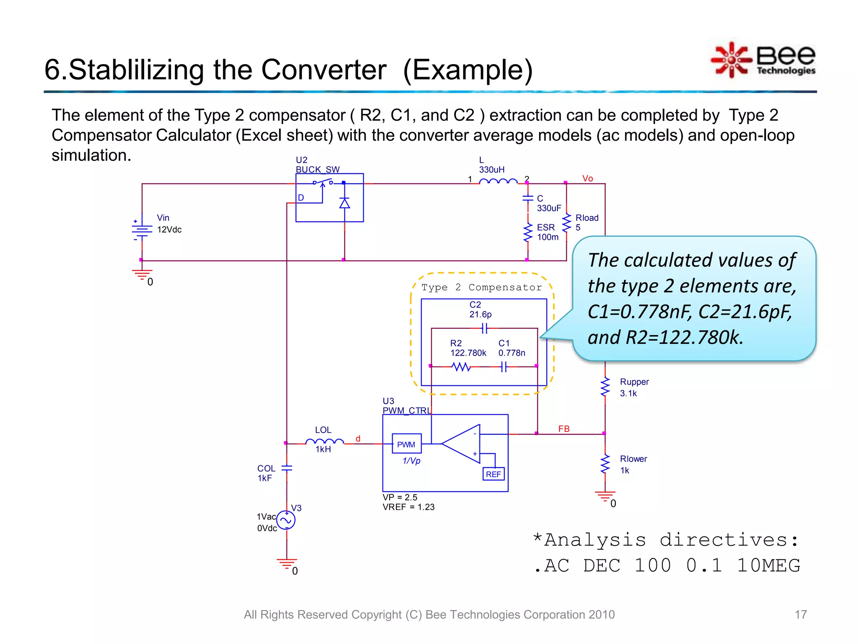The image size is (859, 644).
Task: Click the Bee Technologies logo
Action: tap(763, 60)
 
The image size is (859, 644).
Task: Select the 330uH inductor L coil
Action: tap(498, 182)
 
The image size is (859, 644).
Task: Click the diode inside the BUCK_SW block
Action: tap(344, 204)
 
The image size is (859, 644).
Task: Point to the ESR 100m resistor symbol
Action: tap(528, 233)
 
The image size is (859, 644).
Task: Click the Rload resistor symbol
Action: tap(567, 223)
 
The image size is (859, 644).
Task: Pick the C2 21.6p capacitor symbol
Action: tap(485, 328)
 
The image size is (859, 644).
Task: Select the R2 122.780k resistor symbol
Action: tap(461, 367)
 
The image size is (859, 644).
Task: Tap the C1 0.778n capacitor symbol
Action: tap(504, 367)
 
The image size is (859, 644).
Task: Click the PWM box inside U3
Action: tap(406, 444)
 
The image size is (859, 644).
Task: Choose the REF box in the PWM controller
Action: tap(494, 474)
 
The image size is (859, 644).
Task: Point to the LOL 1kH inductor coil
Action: tap(324, 441)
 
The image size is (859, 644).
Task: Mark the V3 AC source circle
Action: tap(286, 521)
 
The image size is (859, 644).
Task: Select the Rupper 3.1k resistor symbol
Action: tap(605, 387)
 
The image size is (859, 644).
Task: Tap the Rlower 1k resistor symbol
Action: tap(605, 464)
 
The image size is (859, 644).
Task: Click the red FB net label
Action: tap(564, 429)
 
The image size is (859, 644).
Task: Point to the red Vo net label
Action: tap(587, 179)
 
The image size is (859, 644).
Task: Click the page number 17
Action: tap(800, 615)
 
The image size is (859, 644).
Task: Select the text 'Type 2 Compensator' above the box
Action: tap(482, 288)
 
